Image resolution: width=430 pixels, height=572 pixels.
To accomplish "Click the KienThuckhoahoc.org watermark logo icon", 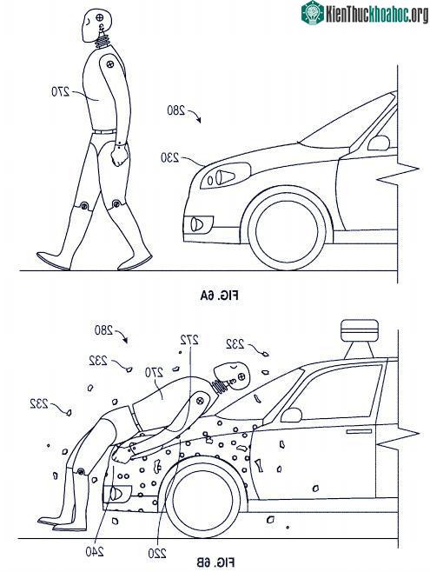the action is click(x=313, y=12).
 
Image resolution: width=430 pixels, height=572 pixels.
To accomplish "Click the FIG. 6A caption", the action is click(x=220, y=295).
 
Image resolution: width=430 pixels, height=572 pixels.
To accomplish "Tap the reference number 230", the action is click(x=170, y=157).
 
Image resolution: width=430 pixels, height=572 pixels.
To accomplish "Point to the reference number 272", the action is click(x=189, y=340).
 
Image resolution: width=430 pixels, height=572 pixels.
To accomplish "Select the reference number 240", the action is click(x=95, y=551).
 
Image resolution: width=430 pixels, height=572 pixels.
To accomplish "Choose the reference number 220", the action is click(x=157, y=554).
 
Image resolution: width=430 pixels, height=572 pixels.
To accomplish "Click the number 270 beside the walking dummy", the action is click(x=61, y=90).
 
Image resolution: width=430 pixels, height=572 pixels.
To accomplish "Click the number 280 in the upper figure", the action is click(x=176, y=110).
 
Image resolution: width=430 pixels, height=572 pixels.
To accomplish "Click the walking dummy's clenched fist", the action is click(x=120, y=155).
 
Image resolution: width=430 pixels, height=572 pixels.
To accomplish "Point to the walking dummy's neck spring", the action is click(x=103, y=39).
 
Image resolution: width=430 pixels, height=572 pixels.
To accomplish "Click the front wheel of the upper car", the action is click(x=287, y=230).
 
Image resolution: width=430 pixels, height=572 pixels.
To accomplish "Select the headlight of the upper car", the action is click(x=226, y=176).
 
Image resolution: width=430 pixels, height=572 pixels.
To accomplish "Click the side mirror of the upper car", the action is click(x=379, y=143).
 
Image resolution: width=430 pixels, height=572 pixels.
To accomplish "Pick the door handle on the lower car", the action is click(x=359, y=431).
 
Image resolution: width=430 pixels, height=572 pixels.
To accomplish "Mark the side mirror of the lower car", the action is click(x=291, y=416).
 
